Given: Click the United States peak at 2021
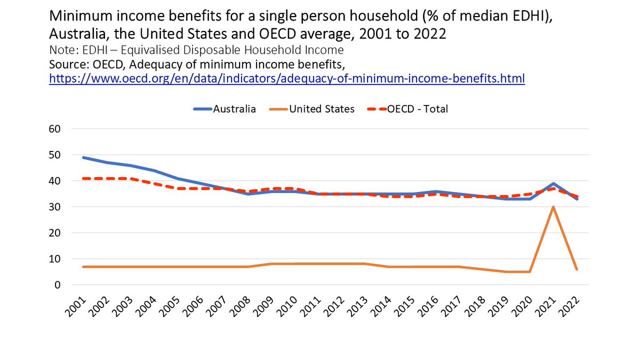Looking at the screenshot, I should click(554, 207).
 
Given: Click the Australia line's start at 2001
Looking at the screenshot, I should click(83, 157).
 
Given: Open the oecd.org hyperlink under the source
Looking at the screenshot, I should click(287, 79).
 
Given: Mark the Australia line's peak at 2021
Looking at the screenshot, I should click(554, 183).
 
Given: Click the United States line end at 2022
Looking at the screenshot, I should click(577, 269).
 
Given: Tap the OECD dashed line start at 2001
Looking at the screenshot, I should click(83, 178).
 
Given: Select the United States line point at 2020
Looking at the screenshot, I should click(530, 272).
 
